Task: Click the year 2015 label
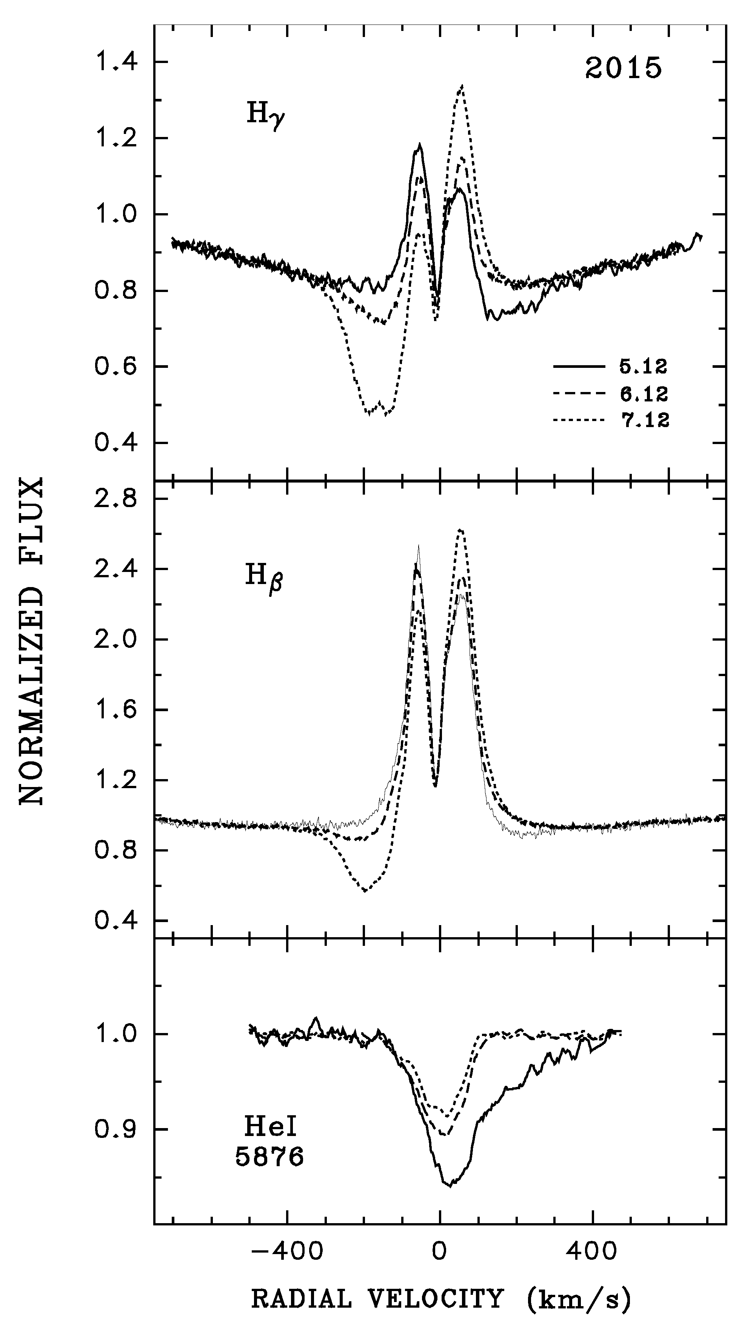pos(624,69)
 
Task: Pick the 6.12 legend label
pos(643,395)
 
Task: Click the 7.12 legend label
pos(643,420)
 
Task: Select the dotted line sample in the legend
pos(579,420)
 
